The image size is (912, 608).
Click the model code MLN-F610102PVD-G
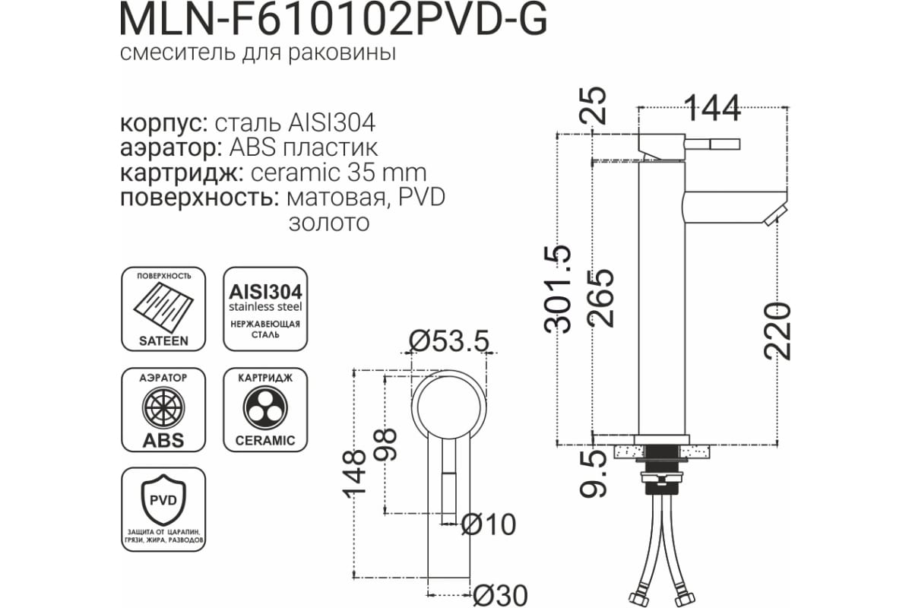coord(334,21)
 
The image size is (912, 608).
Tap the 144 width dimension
coord(714,109)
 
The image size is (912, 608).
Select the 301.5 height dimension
coord(558,289)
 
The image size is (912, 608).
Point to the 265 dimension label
coord(601,298)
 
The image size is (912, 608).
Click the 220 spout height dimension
coord(777,331)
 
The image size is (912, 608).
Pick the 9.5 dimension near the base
coord(593,477)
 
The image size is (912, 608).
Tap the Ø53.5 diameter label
coord(448,340)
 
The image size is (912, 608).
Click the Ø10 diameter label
coord(489,524)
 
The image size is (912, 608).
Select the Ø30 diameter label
coord(500,595)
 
